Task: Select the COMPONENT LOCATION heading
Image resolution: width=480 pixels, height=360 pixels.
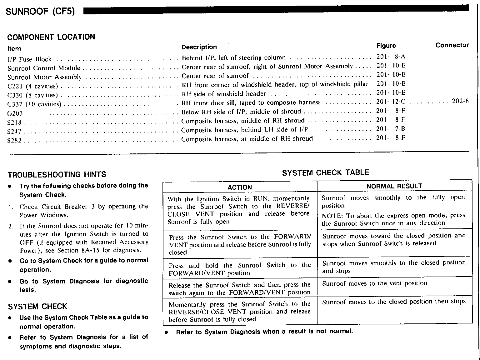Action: [x=51, y=37]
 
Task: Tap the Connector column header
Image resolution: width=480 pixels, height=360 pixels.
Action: [x=452, y=45]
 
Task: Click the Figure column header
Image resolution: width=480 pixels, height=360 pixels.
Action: [x=386, y=46]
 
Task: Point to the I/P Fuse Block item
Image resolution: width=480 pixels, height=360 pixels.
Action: [x=29, y=59]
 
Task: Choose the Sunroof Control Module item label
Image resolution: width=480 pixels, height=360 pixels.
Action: [x=44, y=68]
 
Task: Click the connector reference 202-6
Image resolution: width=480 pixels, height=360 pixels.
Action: [x=460, y=101]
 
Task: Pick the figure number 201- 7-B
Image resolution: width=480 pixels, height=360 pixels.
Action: [x=391, y=129]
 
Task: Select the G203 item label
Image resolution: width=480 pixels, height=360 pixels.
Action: [x=15, y=113]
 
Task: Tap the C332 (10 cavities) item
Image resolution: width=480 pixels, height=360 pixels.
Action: [x=34, y=104]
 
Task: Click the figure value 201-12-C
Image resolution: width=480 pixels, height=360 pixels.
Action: [x=391, y=102]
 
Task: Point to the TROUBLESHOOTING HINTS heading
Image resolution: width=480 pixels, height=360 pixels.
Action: [x=57, y=175]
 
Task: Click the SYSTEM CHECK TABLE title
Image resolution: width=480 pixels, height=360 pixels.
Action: [x=325, y=173]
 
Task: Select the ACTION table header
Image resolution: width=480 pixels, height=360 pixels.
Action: [x=240, y=187]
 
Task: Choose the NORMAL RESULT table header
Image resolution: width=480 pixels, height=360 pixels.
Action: [x=394, y=186]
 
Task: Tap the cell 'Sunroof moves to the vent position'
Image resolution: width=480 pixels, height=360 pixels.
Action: [x=374, y=283]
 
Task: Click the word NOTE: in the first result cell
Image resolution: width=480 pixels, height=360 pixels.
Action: [x=332, y=215]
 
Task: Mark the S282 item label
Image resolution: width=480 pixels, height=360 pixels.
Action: [x=14, y=140]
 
